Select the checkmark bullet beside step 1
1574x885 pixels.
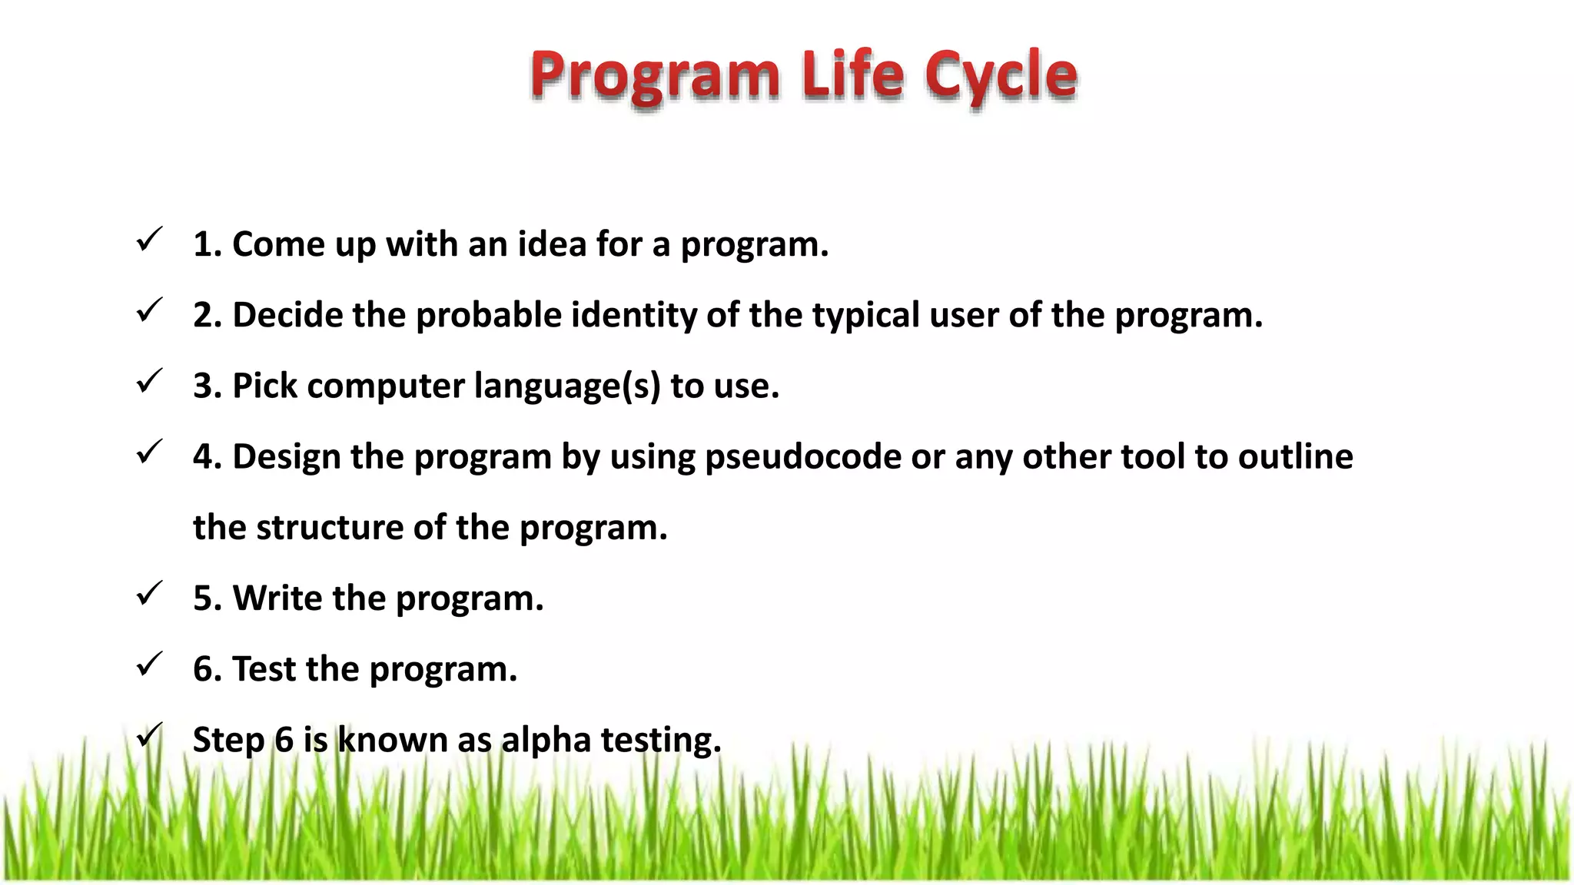(x=148, y=240)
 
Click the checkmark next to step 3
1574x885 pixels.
(x=148, y=381)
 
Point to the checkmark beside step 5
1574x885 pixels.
(x=148, y=594)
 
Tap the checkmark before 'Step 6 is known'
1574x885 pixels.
(x=148, y=735)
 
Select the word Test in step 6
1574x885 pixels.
(x=264, y=669)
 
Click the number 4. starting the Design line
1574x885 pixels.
(x=208, y=457)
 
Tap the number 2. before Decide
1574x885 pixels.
(x=208, y=316)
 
